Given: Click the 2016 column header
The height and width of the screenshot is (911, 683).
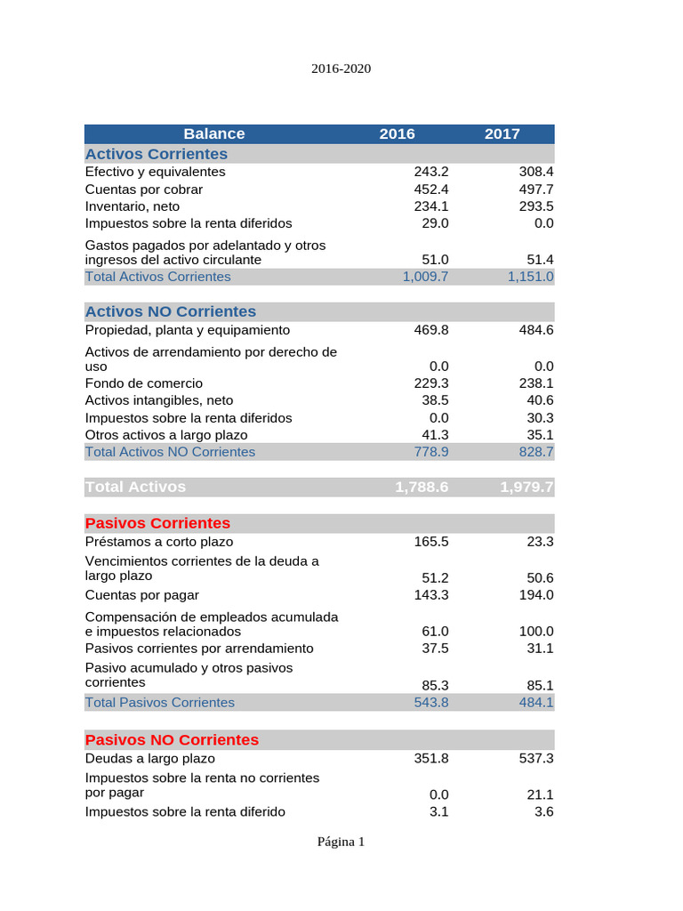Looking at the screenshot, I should click(x=397, y=134).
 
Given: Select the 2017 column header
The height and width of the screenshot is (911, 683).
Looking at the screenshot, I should click(x=502, y=134).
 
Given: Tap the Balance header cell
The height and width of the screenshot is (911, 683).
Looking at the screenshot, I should click(x=213, y=134).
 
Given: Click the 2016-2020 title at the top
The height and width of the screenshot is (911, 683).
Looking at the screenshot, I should click(x=341, y=69).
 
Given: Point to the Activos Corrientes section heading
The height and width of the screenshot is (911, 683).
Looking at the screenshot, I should click(x=157, y=154).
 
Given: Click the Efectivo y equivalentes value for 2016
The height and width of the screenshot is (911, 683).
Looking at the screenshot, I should click(x=431, y=172).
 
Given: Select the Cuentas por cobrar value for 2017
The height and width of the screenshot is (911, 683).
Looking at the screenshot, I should click(x=536, y=189).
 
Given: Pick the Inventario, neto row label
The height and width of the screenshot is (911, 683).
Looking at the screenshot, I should click(x=133, y=206).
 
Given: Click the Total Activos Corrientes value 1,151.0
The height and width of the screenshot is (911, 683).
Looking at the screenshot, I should click(x=531, y=277).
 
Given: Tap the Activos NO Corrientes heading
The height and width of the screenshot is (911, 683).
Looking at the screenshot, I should click(x=171, y=311).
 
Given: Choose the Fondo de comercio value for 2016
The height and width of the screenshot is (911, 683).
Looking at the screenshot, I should click(x=431, y=383).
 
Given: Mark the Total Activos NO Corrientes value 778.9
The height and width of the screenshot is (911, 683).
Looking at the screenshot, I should click(x=431, y=452).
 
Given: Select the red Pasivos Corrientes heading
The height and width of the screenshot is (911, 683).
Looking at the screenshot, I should click(x=157, y=523).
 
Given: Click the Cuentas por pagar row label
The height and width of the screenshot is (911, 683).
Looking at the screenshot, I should click(x=142, y=595).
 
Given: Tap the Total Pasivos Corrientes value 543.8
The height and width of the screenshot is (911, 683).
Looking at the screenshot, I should click(x=431, y=703).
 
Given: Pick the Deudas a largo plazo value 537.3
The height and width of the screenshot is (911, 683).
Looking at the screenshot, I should click(x=536, y=759).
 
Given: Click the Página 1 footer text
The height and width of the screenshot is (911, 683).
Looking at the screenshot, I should click(x=341, y=842).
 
